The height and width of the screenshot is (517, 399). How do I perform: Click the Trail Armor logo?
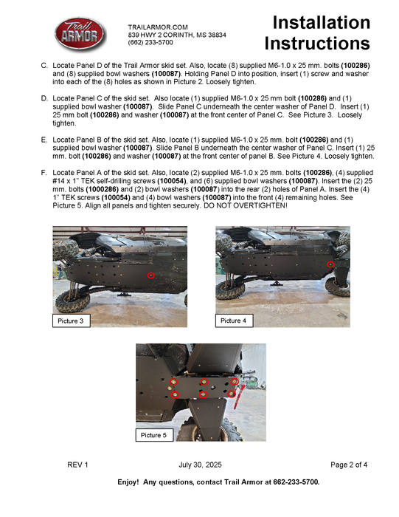click(80, 34)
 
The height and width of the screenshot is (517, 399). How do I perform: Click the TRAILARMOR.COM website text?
click(158, 27)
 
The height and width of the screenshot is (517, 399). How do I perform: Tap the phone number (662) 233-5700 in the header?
click(150, 42)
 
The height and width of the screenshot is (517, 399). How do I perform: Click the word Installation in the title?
click(322, 22)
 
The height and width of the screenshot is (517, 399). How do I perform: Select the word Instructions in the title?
click(317, 43)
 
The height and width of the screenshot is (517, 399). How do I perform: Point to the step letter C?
click(44, 66)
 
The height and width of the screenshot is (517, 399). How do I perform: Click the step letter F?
click(44, 173)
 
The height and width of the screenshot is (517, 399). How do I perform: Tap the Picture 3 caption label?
click(71, 321)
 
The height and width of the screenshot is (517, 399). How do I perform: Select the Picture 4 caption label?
click(234, 321)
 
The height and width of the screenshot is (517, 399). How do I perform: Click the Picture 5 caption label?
click(154, 435)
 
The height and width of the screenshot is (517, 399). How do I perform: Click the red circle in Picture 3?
click(151, 275)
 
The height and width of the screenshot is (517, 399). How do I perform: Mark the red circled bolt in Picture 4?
click(330, 264)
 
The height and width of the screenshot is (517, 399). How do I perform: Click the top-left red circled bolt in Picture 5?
click(173, 382)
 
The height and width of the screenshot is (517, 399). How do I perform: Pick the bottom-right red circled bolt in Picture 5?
click(232, 394)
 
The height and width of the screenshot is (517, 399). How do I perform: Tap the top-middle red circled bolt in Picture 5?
click(204, 382)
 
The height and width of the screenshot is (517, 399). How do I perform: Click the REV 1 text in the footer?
click(77, 465)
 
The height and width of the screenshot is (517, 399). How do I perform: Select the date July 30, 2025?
click(200, 465)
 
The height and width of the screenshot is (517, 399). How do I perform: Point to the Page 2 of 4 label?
click(349, 465)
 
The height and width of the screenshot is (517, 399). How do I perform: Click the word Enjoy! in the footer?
click(128, 482)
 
